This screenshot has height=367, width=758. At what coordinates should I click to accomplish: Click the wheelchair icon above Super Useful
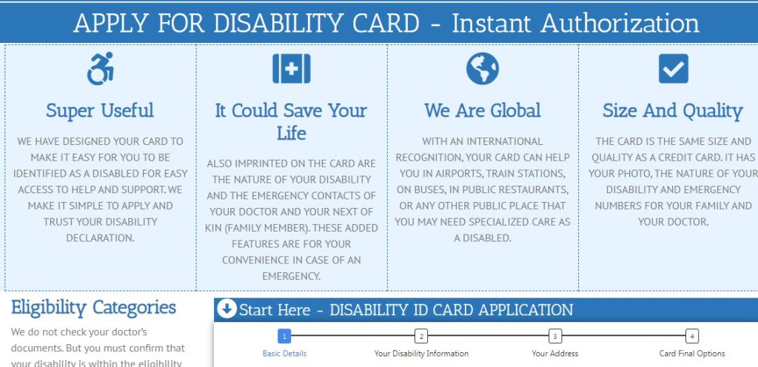(100, 69)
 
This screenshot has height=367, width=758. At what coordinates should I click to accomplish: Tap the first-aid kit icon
(292, 69)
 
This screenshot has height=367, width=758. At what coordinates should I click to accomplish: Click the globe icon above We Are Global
(483, 69)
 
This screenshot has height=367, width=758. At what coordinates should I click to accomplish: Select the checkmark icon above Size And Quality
(673, 69)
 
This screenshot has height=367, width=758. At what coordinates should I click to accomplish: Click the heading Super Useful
(100, 111)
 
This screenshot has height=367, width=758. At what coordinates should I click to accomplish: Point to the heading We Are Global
(483, 111)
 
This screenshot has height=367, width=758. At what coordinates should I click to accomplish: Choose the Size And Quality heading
(672, 111)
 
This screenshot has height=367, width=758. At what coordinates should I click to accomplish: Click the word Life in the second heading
(291, 133)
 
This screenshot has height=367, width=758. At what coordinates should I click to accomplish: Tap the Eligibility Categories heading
(93, 307)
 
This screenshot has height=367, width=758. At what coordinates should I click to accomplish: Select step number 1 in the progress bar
(284, 336)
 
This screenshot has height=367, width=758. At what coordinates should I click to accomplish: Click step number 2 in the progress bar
(421, 336)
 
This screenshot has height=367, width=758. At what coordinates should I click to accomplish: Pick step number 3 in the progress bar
(555, 336)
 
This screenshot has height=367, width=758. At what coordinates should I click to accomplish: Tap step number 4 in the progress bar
(691, 336)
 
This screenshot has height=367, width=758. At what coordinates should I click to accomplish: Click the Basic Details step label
(284, 354)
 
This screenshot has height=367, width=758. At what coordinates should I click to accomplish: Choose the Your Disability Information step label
(421, 354)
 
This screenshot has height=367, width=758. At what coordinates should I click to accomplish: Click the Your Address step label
(555, 354)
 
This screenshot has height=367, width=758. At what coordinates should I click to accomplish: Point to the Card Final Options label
(691, 354)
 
